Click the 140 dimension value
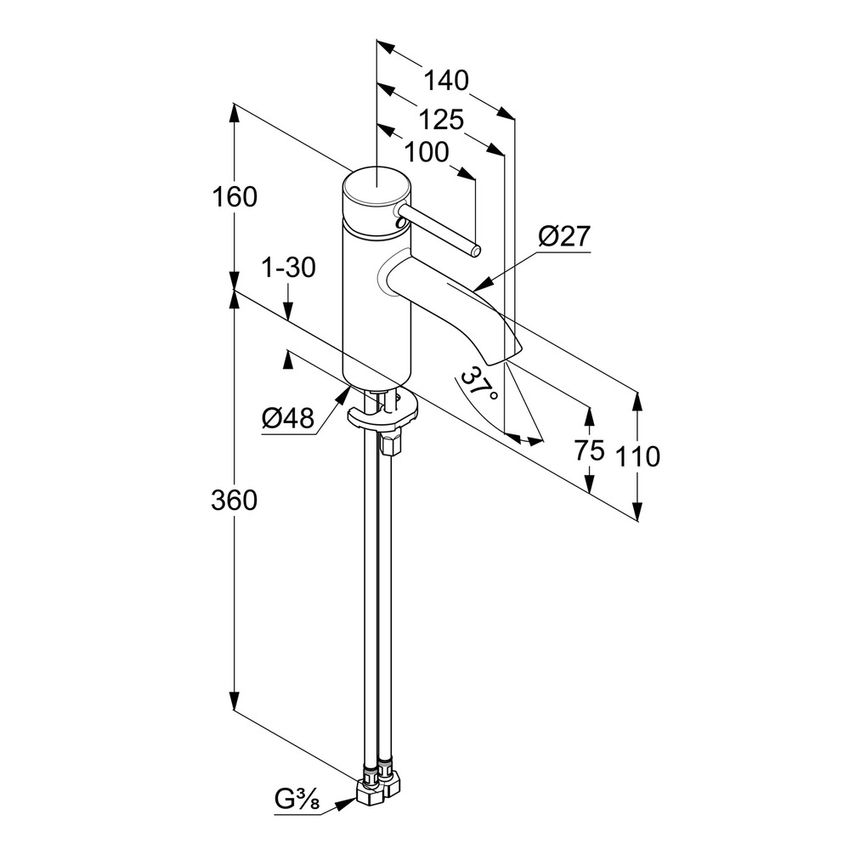(x=446, y=81)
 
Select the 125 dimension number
(x=441, y=119)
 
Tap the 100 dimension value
(x=427, y=152)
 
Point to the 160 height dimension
(x=235, y=197)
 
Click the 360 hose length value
(x=235, y=500)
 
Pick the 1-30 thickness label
(x=288, y=267)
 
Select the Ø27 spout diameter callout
(x=564, y=235)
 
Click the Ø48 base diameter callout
(x=287, y=417)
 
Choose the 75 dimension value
(x=590, y=450)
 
